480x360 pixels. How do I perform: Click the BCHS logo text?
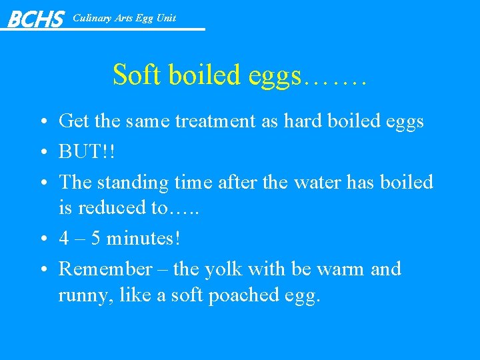[x=35, y=19]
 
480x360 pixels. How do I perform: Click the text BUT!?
[x=87, y=151]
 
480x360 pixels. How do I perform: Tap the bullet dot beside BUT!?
[x=43, y=152]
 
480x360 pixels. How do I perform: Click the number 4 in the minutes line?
[x=64, y=238]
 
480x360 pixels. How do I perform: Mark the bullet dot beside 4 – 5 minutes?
[x=43, y=239]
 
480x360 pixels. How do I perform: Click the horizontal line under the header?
[x=133, y=29]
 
